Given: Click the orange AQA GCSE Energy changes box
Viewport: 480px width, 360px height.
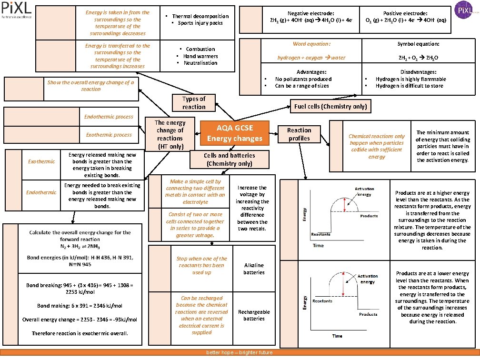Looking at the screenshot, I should coord(234,133).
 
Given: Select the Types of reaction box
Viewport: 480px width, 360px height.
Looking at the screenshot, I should coord(194,102).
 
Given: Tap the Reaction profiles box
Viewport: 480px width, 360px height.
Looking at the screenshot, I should coord(299,134).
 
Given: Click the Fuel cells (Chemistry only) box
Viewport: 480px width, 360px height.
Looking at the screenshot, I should coord(330,106).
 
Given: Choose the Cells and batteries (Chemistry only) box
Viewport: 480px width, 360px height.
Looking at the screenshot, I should coord(230,159).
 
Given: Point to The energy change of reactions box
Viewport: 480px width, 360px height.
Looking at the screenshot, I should coord(170,134).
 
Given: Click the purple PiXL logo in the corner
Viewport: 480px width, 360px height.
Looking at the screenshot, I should coord(463,10).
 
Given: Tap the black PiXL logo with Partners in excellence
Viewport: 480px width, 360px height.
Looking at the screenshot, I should coord(16,10).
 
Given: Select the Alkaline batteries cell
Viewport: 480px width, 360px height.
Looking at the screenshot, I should coord(254,269).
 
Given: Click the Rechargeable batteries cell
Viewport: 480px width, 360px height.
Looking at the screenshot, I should coord(254,315).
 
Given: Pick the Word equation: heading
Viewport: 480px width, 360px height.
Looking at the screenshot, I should coord(311,44).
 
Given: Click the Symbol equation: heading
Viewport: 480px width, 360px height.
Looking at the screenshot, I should coord(418,44).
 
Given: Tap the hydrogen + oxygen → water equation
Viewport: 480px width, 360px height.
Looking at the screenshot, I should coord(311,58).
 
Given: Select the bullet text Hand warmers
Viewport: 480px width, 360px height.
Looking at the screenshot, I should coord(200,56).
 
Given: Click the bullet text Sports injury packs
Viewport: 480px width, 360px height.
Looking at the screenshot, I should coord(200,23).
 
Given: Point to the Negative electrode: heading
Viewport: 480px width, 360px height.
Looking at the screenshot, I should coord(311,13).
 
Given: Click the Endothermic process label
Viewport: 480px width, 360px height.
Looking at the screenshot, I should coord(109,117).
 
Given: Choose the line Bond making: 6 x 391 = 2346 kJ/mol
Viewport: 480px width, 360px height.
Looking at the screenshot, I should coord(80,306).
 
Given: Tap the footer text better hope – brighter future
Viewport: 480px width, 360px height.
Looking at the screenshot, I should coord(239,352).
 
